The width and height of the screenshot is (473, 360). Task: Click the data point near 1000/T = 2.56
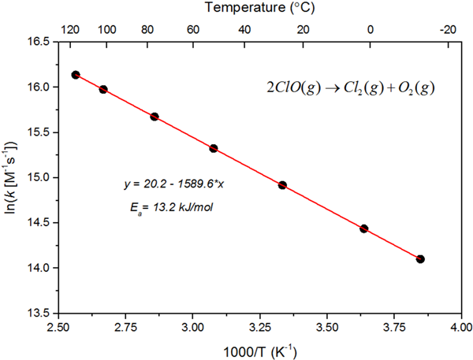(x=76, y=75)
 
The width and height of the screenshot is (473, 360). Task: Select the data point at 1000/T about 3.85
(x=420, y=258)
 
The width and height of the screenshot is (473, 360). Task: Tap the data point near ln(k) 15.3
(x=214, y=148)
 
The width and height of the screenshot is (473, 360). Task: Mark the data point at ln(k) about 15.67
(x=155, y=117)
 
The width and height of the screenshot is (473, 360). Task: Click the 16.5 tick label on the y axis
(x=36, y=41)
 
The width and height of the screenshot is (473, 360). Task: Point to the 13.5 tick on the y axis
(x=36, y=313)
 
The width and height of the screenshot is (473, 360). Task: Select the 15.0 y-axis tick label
(x=36, y=177)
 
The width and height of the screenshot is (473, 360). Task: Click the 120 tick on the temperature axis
(x=70, y=29)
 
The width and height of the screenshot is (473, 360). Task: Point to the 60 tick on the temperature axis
(x=192, y=29)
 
